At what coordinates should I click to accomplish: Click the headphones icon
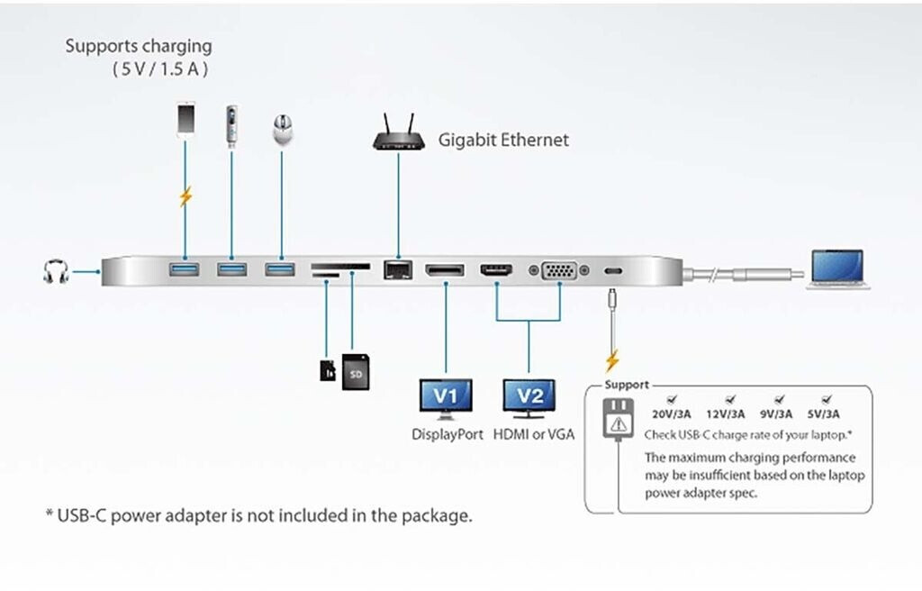point(56,270)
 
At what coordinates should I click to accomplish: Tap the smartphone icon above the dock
point(185,120)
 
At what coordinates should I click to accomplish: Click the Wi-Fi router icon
point(397,133)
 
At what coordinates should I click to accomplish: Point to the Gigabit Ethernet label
point(503,140)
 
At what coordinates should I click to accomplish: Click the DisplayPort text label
point(447,434)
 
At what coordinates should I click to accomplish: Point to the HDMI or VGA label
point(534,434)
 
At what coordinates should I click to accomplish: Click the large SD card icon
point(355,372)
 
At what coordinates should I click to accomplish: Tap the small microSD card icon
point(328,369)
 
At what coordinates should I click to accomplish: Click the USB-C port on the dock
point(612,270)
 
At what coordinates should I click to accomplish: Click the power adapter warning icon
point(618,420)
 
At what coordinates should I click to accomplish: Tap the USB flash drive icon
point(232,124)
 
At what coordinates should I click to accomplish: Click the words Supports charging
point(138,45)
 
